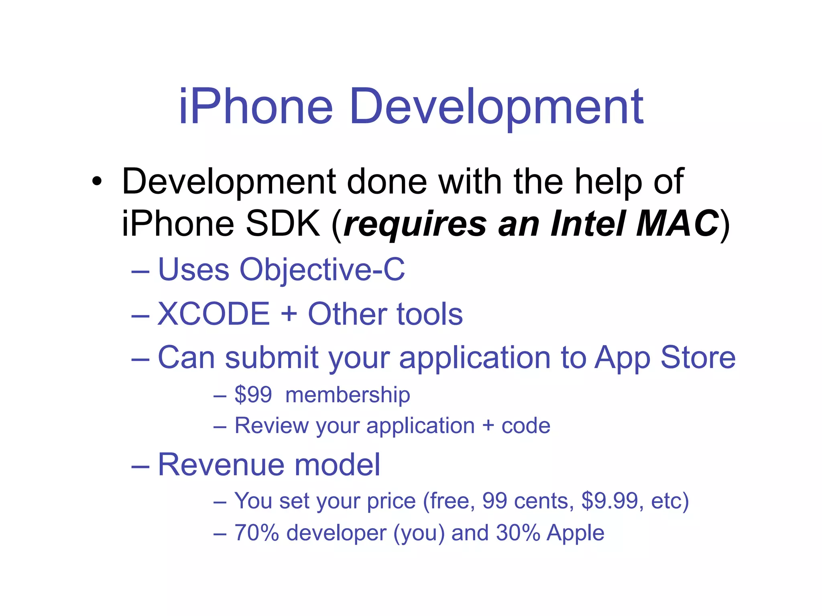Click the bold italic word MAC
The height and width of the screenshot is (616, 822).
tap(677, 223)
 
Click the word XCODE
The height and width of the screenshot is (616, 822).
tap(214, 314)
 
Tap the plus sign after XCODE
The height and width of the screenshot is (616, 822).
tap(289, 314)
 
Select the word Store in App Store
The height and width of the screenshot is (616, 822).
tap(698, 357)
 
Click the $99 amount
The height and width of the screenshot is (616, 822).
tap(253, 395)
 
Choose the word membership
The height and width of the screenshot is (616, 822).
tap(348, 395)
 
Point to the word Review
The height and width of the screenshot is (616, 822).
tap(271, 426)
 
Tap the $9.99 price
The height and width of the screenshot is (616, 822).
tap(610, 501)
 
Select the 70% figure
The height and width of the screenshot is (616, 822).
tap(256, 533)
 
